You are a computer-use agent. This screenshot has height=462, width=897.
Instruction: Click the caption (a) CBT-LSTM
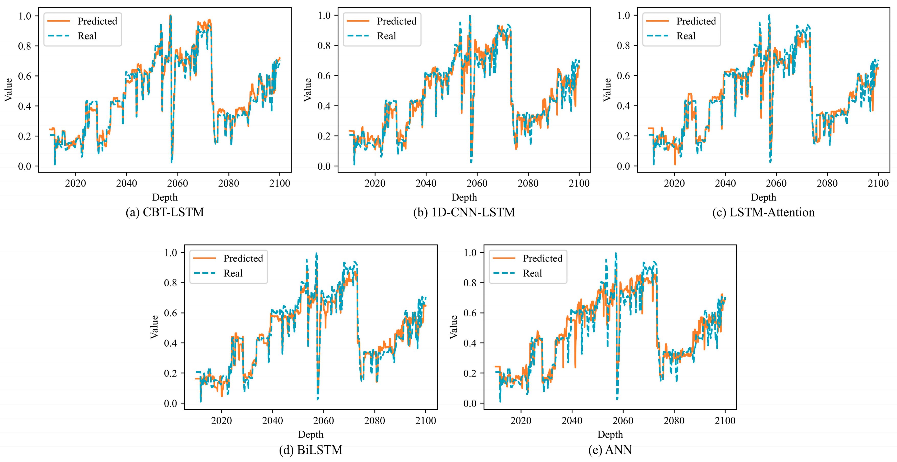pos(165,212)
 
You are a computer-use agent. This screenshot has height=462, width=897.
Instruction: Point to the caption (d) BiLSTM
pos(311,450)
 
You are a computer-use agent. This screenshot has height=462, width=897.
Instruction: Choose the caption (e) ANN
pos(610,450)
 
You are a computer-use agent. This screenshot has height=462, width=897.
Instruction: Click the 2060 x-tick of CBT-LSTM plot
pos(178,183)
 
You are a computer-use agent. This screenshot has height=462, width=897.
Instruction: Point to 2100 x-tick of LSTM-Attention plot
pos(878,183)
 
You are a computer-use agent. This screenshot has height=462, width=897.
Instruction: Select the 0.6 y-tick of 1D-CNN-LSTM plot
pos(324,76)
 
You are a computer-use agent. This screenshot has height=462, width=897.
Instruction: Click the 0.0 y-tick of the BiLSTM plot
pos(171,403)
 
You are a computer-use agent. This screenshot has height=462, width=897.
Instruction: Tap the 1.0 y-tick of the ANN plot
pos(470,253)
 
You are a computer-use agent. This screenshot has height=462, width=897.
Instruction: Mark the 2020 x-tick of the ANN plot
pos(521,421)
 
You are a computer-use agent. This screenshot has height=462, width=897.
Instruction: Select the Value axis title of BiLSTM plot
pos(154,327)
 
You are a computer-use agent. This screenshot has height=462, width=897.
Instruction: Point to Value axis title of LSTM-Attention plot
pos(607,90)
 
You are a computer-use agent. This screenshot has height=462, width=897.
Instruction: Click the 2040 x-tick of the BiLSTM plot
pos(272,421)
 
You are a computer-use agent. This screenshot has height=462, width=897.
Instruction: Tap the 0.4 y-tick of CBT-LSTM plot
pos(25,106)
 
